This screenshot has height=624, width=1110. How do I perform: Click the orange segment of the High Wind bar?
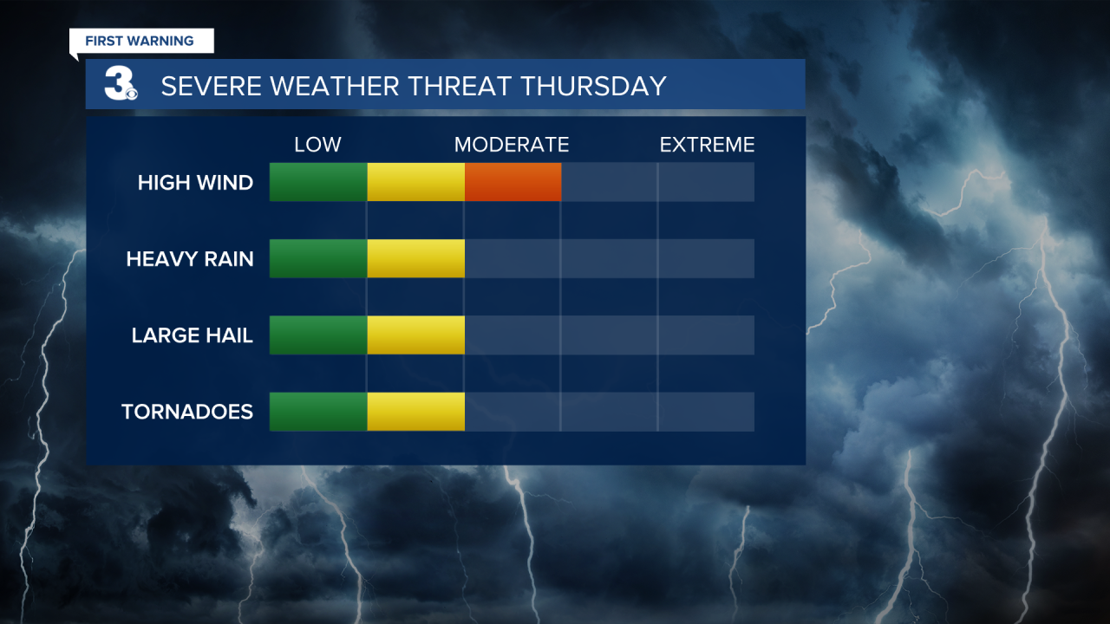513,182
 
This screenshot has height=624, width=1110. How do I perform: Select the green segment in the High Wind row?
318,182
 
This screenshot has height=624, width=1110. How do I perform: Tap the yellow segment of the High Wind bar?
415,182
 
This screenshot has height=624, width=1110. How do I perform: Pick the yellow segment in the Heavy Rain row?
415,258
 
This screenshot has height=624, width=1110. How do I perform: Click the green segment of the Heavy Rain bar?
318,258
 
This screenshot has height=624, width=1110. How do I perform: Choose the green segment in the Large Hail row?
318,335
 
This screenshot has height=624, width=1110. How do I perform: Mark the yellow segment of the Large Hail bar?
415,335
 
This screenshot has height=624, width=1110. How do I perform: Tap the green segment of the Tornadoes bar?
318,411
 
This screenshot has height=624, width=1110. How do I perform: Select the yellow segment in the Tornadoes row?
415,411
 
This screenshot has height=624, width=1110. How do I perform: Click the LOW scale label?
317,145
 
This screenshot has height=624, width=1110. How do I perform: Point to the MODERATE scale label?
512,145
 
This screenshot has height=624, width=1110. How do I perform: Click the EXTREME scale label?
707,145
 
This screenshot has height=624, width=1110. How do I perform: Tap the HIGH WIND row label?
195,183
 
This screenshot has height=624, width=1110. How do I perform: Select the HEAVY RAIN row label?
190,259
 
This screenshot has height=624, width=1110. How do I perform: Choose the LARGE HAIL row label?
193,335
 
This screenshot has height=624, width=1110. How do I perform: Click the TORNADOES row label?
187,412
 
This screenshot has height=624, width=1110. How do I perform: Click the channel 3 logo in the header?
120,85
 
